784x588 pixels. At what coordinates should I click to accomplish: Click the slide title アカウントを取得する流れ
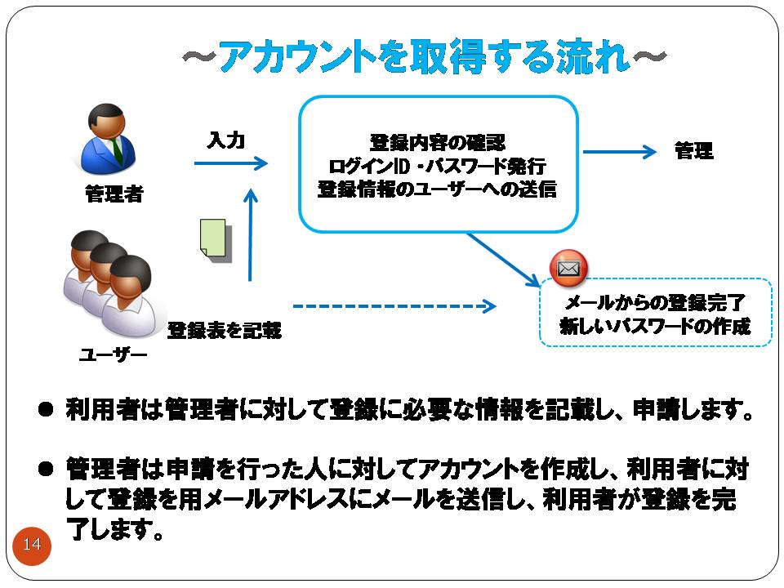point(422,59)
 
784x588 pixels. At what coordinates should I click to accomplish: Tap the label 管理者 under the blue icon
point(114,194)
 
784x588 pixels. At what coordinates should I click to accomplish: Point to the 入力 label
point(225,140)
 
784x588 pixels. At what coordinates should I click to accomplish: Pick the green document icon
point(215,240)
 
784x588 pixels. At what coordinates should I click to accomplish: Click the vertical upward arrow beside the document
point(251,237)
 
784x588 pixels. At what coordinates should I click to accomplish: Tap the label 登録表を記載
point(224,330)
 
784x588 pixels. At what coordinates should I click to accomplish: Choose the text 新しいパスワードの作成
point(654,326)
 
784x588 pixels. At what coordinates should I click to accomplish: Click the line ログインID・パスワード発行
point(438,166)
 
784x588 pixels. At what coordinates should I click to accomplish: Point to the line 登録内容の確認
point(438,143)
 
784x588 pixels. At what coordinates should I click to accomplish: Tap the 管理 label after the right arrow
point(693,151)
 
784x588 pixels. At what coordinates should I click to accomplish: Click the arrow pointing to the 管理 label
point(620,152)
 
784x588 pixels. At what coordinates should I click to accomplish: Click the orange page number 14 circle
point(32,545)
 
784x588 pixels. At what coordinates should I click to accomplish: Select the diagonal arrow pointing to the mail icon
point(503,259)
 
